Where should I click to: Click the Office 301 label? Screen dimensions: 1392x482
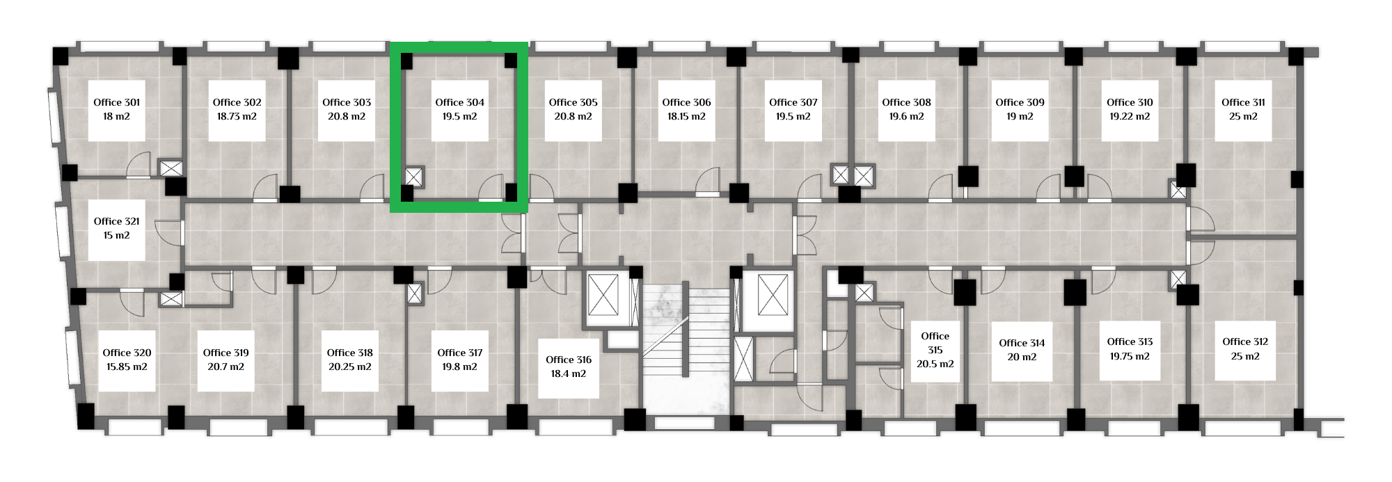[x=116, y=102]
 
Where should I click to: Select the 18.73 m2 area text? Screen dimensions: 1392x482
[x=237, y=116]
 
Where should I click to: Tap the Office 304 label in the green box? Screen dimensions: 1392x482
[x=459, y=102]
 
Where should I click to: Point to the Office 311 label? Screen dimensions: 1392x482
[x=1243, y=102]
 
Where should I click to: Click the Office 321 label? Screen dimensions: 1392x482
[x=116, y=221]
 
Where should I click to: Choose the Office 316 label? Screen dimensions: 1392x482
[x=569, y=360]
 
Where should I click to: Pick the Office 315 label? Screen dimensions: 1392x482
[x=935, y=343]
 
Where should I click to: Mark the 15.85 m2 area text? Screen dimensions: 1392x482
[x=127, y=367]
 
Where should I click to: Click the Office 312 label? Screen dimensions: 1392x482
[x=1245, y=342]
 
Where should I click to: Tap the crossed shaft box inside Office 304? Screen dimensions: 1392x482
[x=414, y=177]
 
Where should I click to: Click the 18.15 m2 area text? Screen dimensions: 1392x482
[x=686, y=116]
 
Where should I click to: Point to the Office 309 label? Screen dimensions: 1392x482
[x=1020, y=102]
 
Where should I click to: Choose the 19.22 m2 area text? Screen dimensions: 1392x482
[x=1130, y=116]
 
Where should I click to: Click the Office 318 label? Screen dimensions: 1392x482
[x=350, y=353]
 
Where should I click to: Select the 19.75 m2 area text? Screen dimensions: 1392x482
[x=1130, y=356]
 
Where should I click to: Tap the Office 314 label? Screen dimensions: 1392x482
[x=1022, y=343]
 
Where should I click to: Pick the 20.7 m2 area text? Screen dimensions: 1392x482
[x=226, y=367]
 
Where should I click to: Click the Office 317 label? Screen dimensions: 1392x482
[x=459, y=353]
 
